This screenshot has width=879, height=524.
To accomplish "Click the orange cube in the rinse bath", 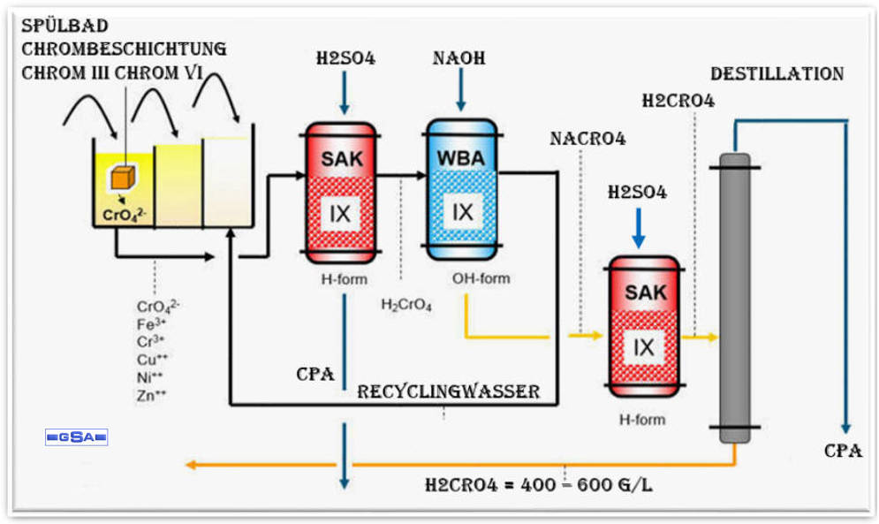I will (x=122, y=177).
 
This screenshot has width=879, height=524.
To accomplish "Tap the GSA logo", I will (x=76, y=437).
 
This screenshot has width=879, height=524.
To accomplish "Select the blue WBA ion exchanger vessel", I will (x=462, y=189).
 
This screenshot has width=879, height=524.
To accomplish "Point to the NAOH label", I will (x=459, y=58).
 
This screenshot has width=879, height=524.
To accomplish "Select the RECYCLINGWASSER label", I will (x=448, y=391).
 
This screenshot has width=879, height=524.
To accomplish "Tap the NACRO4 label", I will (x=587, y=139).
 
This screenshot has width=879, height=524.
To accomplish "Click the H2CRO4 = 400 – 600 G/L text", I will (x=541, y=484).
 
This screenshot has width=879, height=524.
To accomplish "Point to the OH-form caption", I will (x=481, y=279).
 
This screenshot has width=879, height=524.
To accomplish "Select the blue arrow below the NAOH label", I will (x=460, y=91).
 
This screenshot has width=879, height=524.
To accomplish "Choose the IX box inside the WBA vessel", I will (x=462, y=211).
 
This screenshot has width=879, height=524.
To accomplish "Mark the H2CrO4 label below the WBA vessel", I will (x=406, y=306).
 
